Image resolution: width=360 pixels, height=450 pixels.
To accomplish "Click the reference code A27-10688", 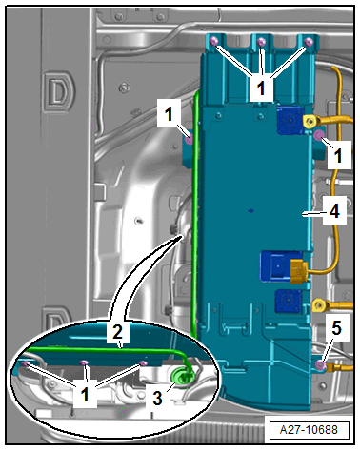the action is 309,430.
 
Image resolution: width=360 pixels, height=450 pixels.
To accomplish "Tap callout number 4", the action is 334,211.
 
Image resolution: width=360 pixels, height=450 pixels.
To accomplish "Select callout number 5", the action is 337,327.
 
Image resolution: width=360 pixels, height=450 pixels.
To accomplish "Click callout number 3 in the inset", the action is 158,398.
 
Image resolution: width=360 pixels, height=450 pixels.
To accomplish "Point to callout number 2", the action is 118,332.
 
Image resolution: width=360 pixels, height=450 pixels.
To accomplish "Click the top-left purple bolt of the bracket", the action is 214,41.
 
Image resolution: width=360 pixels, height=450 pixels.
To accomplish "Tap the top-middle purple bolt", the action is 261,41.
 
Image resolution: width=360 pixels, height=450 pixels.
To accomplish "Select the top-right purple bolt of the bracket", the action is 309,41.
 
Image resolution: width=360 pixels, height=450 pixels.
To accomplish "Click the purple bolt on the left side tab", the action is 190,139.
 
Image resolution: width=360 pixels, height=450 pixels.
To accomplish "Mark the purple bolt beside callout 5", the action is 321,366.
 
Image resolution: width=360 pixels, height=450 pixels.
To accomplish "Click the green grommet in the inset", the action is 182,376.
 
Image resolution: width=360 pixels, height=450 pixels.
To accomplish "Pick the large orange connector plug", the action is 298,271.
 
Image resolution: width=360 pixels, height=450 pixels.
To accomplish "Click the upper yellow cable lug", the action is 310,121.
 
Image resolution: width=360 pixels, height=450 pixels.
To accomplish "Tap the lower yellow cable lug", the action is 319,305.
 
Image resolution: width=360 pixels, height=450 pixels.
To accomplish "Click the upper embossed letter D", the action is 58,91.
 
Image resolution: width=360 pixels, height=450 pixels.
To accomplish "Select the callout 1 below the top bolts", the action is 261,88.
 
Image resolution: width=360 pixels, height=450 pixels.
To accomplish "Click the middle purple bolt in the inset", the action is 84,362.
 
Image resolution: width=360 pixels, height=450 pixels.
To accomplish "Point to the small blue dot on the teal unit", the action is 251,210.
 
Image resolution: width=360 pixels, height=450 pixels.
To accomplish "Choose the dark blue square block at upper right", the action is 290,120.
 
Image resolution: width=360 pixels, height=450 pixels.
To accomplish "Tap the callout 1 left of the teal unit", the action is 169,113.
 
